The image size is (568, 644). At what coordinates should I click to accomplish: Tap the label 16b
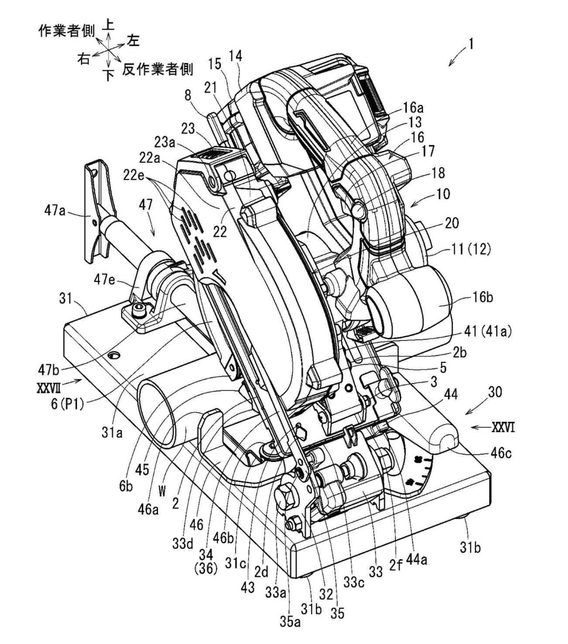482,298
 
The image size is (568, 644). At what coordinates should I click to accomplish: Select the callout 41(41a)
490,332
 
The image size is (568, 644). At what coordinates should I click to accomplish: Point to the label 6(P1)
68,404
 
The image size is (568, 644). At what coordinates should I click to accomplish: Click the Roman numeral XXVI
503,428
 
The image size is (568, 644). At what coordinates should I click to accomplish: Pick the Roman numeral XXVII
48,388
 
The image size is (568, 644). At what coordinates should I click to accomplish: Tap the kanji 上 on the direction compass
109,25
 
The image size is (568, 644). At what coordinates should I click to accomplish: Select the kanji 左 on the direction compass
133,41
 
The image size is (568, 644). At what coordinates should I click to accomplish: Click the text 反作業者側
157,69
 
